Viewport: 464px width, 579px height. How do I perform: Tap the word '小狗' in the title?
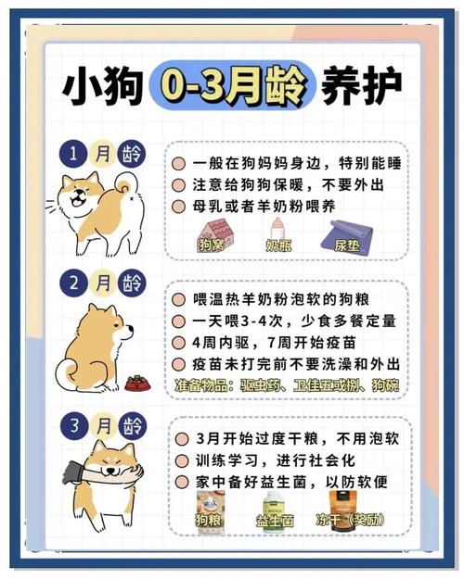pos(102,86)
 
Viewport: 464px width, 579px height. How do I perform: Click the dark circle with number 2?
pos(74,282)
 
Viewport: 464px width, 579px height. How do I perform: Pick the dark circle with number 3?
pos(74,426)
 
